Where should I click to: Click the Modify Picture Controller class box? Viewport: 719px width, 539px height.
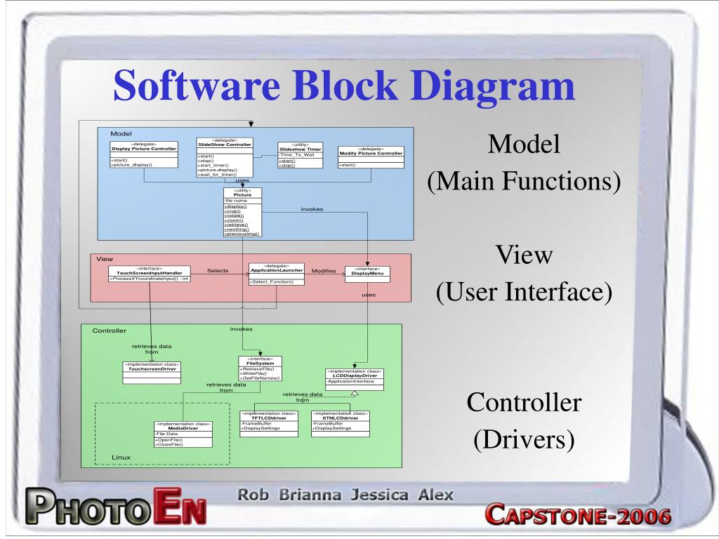(x=371, y=155)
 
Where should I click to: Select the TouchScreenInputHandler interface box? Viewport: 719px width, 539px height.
(x=150, y=274)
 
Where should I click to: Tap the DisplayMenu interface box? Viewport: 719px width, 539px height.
(x=367, y=274)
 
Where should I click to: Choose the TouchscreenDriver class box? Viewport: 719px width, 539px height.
(x=152, y=372)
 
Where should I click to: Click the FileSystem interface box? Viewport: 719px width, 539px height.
(x=260, y=368)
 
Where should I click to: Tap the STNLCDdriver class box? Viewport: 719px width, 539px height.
(x=340, y=424)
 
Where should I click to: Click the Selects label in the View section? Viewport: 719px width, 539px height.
(x=218, y=270)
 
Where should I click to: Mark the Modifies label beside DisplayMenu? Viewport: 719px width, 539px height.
(x=324, y=270)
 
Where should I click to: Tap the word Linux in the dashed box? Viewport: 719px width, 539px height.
(x=121, y=457)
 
